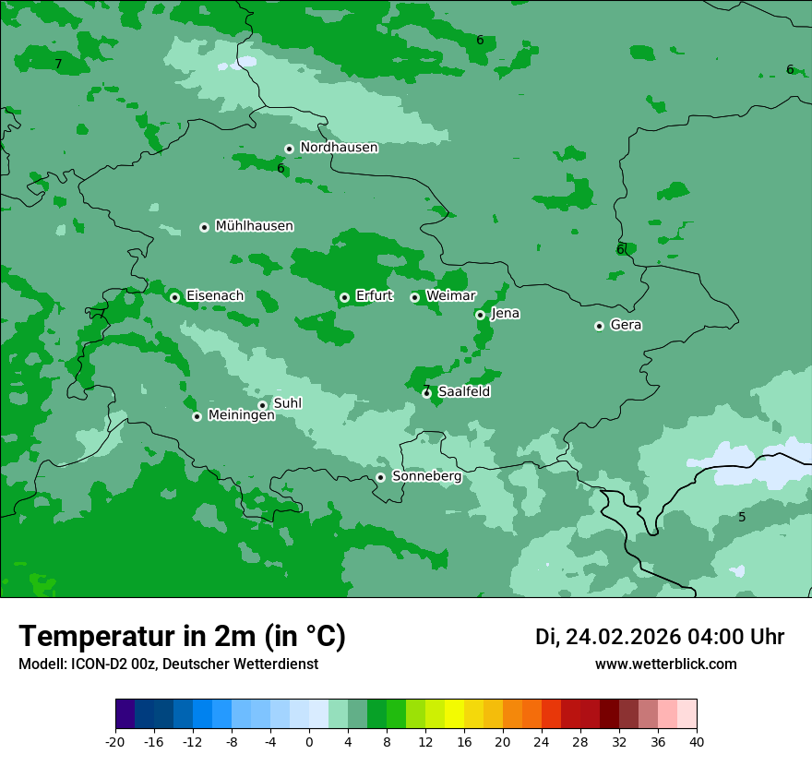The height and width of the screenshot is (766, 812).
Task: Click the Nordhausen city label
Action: pyautogui.click(x=339, y=148)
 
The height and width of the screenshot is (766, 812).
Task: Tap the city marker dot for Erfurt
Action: pyautogui.click(x=344, y=297)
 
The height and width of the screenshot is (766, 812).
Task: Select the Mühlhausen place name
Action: pyautogui.click(x=254, y=226)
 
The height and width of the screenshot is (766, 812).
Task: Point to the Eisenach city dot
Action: pyautogui.click(x=174, y=297)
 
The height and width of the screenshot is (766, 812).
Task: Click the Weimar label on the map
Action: pyautogui.click(x=450, y=296)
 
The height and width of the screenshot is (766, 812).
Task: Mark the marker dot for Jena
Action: pyautogui.click(x=480, y=315)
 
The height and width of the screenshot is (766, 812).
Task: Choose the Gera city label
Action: pyautogui.click(x=626, y=325)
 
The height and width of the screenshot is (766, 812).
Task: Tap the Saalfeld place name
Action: pyautogui.click(x=464, y=392)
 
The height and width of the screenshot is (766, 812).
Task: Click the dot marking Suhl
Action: pyautogui.click(x=262, y=405)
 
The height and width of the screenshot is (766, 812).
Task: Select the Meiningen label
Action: pyautogui.click(x=241, y=416)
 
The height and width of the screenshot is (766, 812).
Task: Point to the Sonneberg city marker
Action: pyautogui.click(x=380, y=477)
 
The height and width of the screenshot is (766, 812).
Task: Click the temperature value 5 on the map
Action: pyautogui.click(x=742, y=517)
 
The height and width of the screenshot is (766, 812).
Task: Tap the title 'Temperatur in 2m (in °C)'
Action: pyautogui.click(x=182, y=636)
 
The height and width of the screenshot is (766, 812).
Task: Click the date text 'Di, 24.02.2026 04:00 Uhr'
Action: pyautogui.click(x=660, y=637)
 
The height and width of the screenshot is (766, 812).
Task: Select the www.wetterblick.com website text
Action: pyautogui.click(x=665, y=664)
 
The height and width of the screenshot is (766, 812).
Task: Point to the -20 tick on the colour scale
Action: pyautogui.click(x=115, y=742)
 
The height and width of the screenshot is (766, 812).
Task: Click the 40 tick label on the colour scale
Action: pyautogui.click(x=696, y=742)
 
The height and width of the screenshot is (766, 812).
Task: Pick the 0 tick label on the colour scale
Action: pyautogui.click(x=309, y=742)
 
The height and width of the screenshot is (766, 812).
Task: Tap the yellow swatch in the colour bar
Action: pyautogui.click(x=454, y=714)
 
